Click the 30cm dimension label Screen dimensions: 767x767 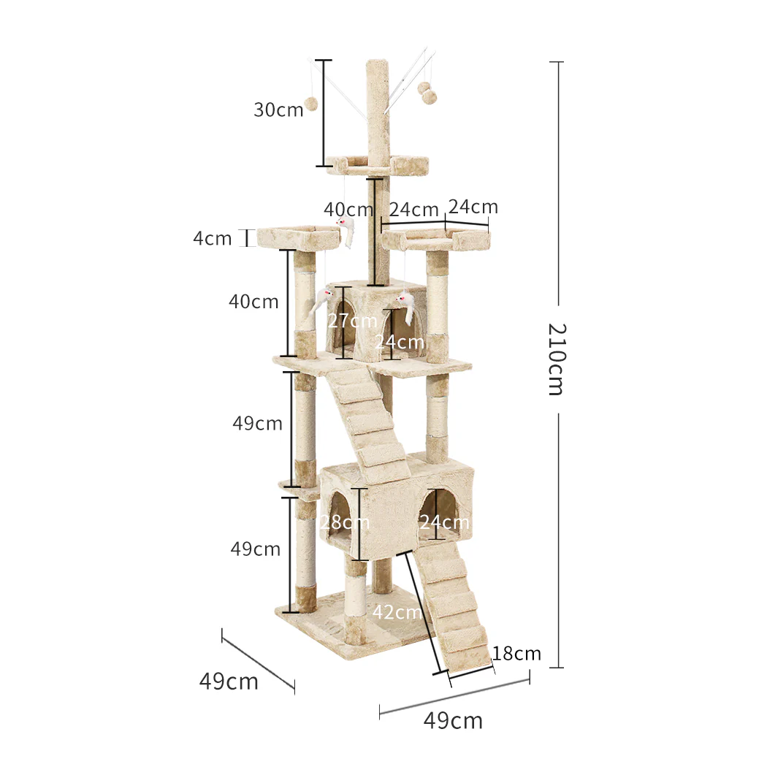pyautogui.click(x=278, y=110)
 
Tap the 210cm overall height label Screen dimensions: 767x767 pyautogui.click(x=556, y=359)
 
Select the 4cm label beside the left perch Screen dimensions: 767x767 pyautogui.click(x=213, y=239)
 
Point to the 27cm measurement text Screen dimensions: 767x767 pyautogui.click(x=353, y=321)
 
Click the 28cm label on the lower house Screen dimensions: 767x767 pyautogui.click(x=345, y=522)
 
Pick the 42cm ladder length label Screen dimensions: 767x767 pyautogui.click(x=397, y=612)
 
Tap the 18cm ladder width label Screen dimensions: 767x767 pyautogui.click(x=516, y=653)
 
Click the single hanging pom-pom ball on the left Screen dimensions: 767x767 pyautogui.click(x=311, y=104)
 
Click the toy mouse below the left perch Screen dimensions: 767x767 pyautogui.click(x=321, y=300)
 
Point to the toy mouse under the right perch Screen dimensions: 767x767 pyautogui.click(x=406, y=307)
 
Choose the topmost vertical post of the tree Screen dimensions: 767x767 pyautogui.click(x=378, y=110)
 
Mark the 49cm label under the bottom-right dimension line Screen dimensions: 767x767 pyautogui.click(x=453, y=721)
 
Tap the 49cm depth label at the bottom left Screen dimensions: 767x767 pyautogui.click(x=229, y=682)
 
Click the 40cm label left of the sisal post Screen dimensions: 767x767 pyautogui.click(x=253, y=301)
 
